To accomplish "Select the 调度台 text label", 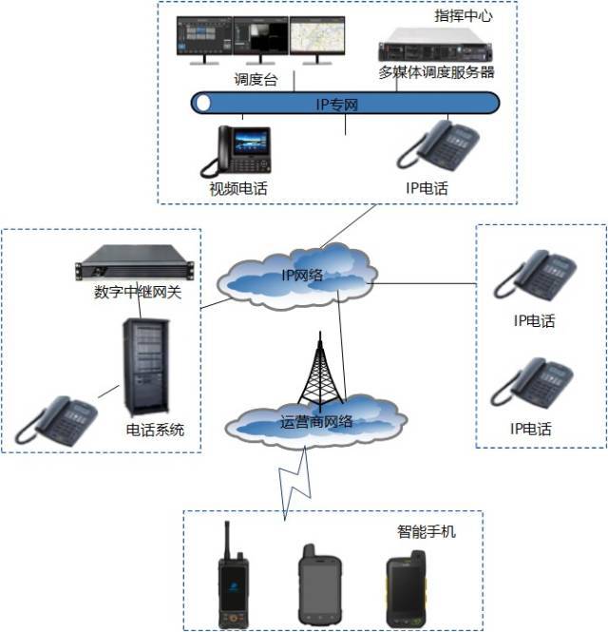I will tap(255, 81).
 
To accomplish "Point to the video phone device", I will tap(237, 150).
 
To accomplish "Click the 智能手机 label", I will tap(426, 531).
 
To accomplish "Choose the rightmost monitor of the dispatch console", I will tap(318, 38).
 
